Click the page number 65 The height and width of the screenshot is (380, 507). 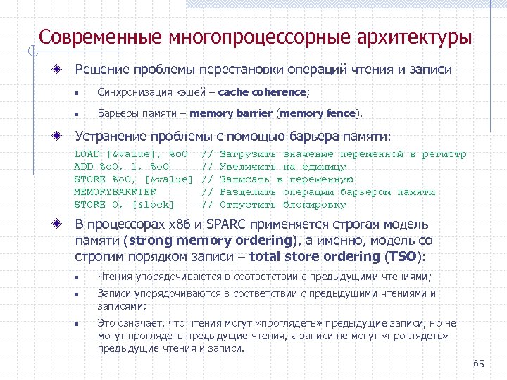pos(479,364)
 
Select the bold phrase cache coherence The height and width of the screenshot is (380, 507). pos(263,92)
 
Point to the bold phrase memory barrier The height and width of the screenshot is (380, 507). pos(230,113)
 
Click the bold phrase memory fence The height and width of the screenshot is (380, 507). pos(321,113)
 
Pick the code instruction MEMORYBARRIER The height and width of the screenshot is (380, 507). pos(115,192)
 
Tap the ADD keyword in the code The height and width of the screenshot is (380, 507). pos(82,167)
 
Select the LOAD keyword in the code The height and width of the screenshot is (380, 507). pos(86,154)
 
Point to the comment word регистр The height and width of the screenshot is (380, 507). pos(444,154)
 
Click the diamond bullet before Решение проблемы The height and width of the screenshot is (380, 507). pos(63,70)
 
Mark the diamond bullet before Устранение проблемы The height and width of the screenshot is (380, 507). pos(63,137)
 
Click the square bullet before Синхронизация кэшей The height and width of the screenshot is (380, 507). pos(82,93)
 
